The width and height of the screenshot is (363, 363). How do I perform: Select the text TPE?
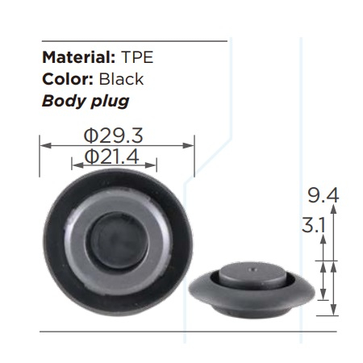tap(137, 57)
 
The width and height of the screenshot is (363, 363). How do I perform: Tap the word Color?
tap(68, 79)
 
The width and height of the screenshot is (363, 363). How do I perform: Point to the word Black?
tap(121, 79)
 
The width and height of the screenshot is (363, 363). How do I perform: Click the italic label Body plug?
tap(86, 102)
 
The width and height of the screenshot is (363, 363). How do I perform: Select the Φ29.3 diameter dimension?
tap(114, 136)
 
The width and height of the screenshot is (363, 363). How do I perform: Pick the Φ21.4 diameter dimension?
tap(111, 156)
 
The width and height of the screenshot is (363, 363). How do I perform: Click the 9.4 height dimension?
tap(323, 195)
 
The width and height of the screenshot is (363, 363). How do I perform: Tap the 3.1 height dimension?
tap(314, 225)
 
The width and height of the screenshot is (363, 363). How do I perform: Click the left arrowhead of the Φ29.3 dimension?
tap(45, 145)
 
